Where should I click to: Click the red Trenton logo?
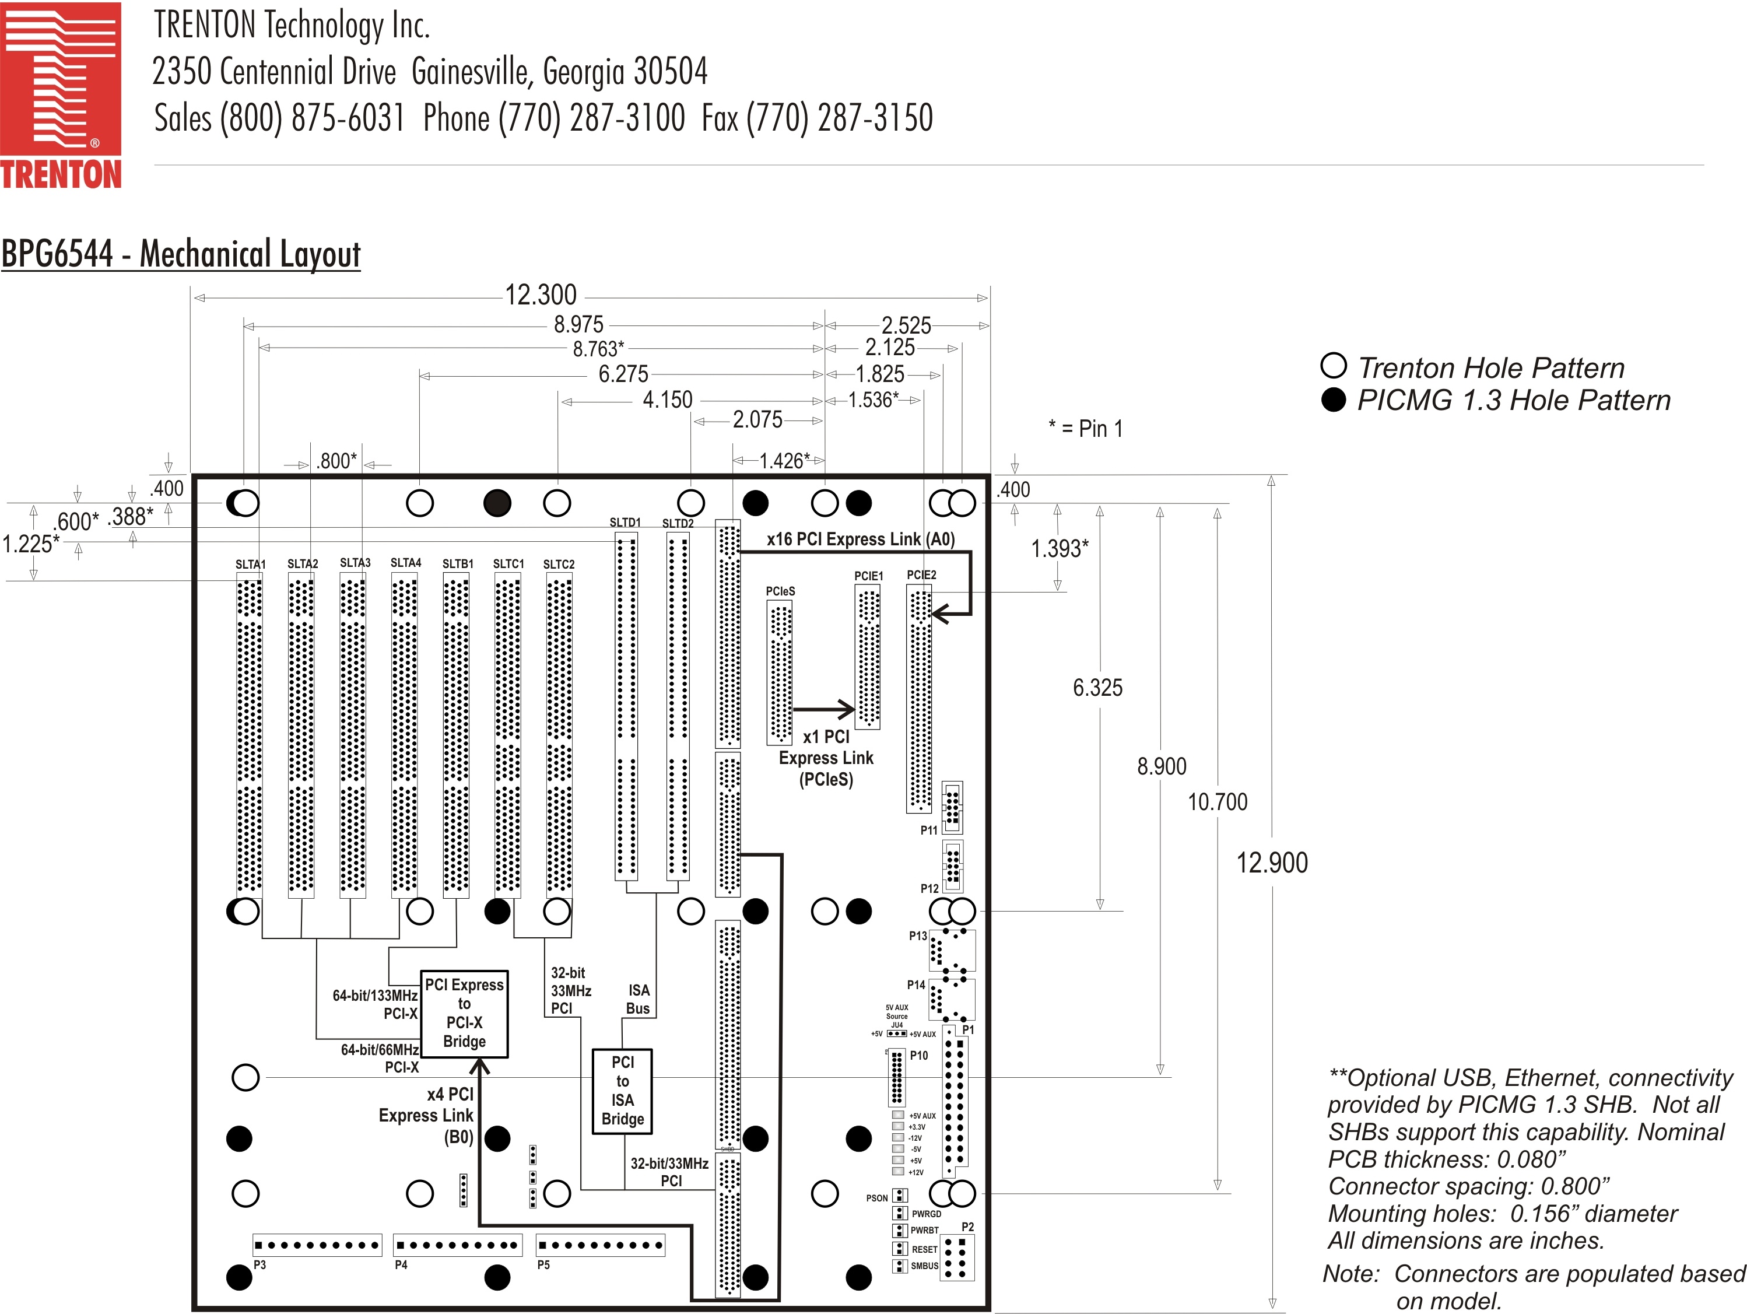coord(61,95)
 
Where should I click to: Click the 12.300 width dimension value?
coord(541,296)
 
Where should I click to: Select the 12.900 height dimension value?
coord(1272,863)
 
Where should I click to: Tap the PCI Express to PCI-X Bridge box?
coord(464,1014)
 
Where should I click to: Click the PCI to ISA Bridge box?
coord(622,1091)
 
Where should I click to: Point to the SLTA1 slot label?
coord(250,564)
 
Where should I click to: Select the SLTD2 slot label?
coord(678,523)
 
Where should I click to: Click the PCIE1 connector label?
coord(869,576)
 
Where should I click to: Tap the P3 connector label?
coord(260,1265)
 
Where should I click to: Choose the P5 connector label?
coord(543,1265)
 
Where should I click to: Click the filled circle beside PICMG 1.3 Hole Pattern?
coord(1333,400)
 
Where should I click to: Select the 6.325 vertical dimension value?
coord(1097,688)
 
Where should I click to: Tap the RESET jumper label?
coord(924,1249)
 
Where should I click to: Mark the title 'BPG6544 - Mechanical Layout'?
coord(181,254)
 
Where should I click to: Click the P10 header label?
coord(918,1056)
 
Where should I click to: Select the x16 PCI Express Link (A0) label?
coord(860,539)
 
